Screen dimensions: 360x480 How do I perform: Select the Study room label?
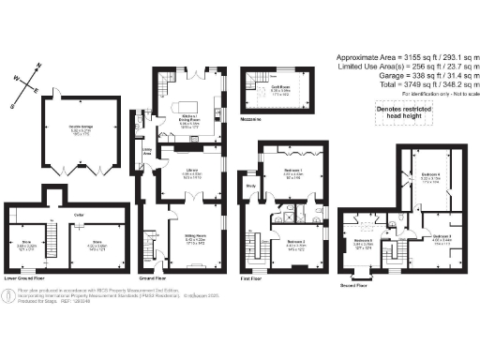251,186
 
